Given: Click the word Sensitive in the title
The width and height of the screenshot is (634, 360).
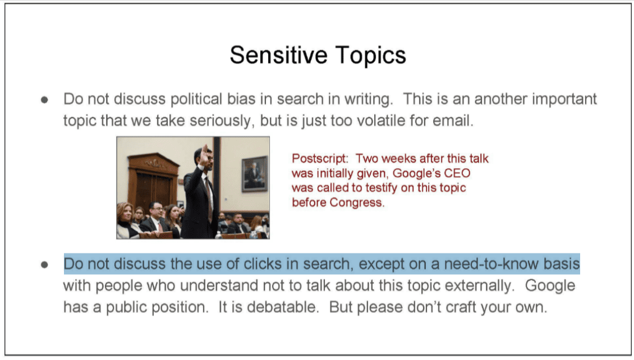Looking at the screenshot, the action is tap(279, 55).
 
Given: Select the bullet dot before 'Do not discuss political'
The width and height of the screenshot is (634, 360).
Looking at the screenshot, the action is tap(44, 99).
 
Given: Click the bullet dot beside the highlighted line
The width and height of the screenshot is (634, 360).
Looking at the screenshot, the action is tap(44, 265).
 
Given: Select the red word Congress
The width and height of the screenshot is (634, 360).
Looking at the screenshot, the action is tap(357, 202).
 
